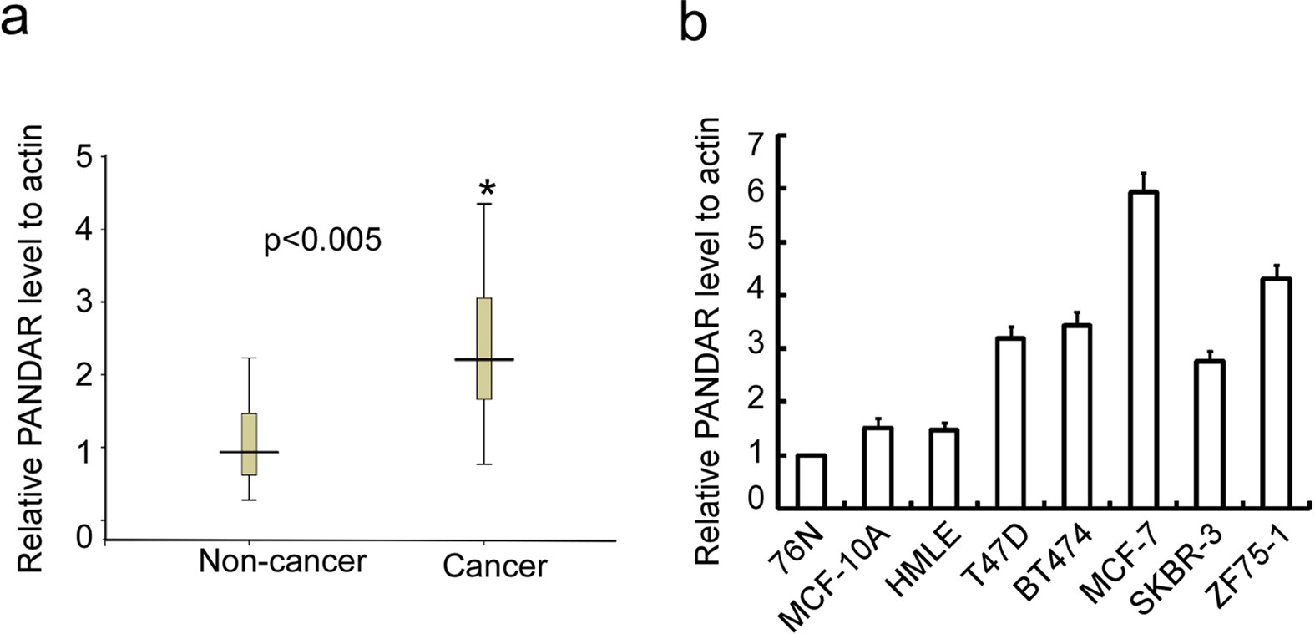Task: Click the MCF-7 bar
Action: (x=1142, y=351)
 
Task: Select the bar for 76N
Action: (x=811, y=482)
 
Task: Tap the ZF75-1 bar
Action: (x=1275, y=393)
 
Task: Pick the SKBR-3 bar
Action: (x=1209, y=434)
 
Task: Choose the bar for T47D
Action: (x=1009, y=423)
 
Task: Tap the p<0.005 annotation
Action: (x=322, y=241)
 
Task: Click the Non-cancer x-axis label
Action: (x=282, y=561)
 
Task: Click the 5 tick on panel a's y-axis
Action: (x=84, y=157)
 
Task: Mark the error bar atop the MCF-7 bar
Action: (x=1142, y=181)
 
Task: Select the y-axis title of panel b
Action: (x=708, y=341)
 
